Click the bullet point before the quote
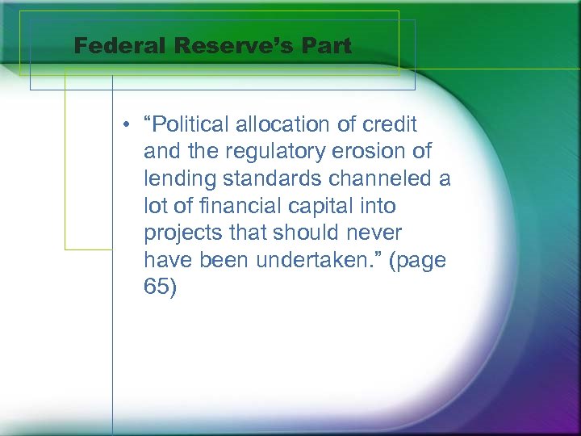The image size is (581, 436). coord(127,124)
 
